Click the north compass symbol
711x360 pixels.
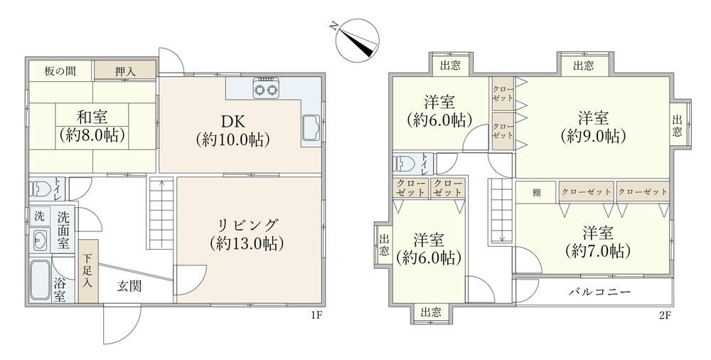[357, 40]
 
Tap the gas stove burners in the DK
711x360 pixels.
[266, 88]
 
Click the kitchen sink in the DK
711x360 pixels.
[310, 128]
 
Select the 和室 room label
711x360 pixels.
[92, 117]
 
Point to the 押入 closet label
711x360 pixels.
[124, 71]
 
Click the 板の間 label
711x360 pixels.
[60, 71]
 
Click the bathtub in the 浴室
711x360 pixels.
[40, 280]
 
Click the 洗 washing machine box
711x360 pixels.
[39, 216]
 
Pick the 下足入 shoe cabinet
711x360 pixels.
[88, 271]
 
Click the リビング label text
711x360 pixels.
[247, 225]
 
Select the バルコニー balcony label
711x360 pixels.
[600, 292]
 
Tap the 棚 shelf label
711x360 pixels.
[536, 193]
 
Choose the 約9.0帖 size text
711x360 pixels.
[593, 135]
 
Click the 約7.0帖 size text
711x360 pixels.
[598, 250]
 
